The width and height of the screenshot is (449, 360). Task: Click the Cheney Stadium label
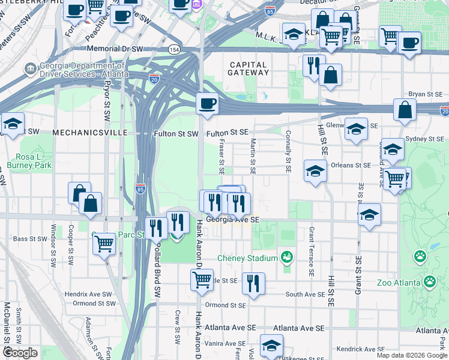[247, 258]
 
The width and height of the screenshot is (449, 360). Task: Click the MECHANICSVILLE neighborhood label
[89, 132]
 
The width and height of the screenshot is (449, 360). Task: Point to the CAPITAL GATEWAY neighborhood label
[248, 68]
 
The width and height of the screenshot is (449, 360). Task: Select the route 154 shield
[173, 49]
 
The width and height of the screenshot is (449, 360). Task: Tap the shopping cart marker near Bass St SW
[104, 244]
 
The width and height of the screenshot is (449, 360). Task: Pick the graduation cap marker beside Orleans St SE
[315, 171]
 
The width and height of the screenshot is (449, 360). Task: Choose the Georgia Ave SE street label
[232, 220]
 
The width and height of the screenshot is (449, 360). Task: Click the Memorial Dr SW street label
[115, 48]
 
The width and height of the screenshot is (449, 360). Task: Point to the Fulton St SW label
[175, 133]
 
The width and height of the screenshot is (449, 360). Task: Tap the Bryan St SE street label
[425, 94]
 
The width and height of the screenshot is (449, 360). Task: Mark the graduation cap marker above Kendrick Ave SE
[271, 346]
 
